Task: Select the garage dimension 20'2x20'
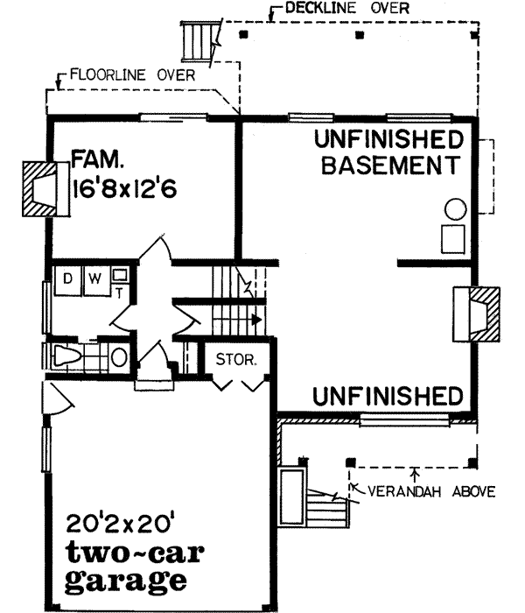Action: pyautogui.click(x=122, y=525)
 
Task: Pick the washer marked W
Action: pyautogui.click(x=94, y=280)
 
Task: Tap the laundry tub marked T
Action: pyautogui.click(x=120, y=278)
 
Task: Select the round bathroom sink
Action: pyautogui.click(x=119, y=357)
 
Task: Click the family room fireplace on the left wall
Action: pyautogui.click(x=42, y=187)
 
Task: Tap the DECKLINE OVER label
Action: pyautogui.click(x=333, y=11)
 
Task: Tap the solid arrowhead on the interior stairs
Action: pyautogui.click(x=255, y=320)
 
